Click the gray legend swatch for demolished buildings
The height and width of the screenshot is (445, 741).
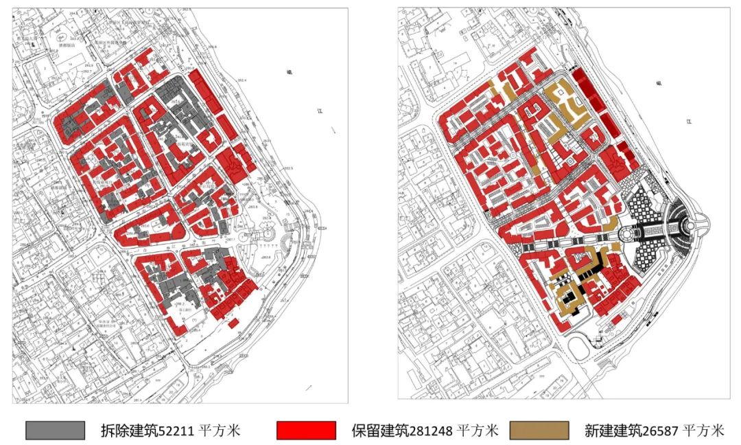(55, 431)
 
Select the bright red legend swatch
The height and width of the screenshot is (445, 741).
(306, 431)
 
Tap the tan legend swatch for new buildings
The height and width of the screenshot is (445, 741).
(539, 431)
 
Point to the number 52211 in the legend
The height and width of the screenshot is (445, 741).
(176, 431)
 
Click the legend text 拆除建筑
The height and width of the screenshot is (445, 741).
(130, 431)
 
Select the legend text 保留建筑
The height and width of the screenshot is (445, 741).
(381, 431)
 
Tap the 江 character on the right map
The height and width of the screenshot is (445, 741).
(688, 122)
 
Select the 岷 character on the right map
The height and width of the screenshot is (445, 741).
(658, 83)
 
